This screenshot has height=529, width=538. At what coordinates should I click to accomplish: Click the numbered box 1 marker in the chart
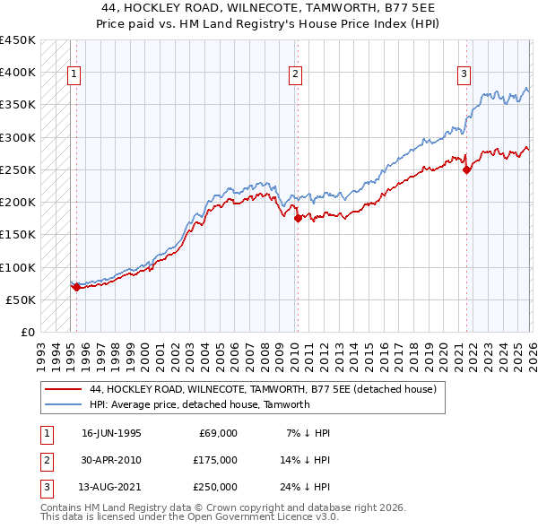74,74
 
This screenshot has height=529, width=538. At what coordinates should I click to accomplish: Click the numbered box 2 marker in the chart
295,74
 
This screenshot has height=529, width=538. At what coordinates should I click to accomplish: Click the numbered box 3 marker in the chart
464,74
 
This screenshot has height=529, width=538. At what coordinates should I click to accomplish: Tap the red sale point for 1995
76,288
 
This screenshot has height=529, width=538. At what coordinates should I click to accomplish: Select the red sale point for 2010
298,216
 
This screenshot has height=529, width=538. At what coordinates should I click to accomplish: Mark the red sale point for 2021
466,169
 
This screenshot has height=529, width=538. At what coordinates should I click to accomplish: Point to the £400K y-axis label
18,73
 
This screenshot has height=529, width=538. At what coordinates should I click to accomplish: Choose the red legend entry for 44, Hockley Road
262,390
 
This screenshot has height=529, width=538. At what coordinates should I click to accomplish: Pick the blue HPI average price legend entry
199,404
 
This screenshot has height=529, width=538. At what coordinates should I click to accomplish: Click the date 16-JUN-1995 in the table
111,433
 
